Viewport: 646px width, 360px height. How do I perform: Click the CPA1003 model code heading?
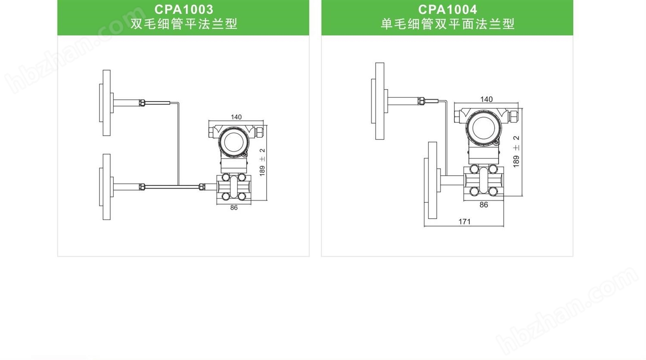click(x=183, y=9)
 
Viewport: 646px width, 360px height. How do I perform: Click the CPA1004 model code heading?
click(x=447, y=9)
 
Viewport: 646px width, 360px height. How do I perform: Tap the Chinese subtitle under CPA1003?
click(x=183, y=24)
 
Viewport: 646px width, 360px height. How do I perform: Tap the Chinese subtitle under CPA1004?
click(x=447, y=24)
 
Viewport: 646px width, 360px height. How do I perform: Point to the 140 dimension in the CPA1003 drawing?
click(x=236, y=117)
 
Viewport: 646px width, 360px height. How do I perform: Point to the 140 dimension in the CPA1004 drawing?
click(x=486, y=99)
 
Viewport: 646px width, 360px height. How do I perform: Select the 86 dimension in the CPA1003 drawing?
click(x=234, y=208)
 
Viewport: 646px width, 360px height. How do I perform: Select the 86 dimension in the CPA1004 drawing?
click(x=484, y=205)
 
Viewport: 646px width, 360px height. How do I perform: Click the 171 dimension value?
click(x=464, y=222)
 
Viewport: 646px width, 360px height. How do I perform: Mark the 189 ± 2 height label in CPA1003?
click(x=262, y=162)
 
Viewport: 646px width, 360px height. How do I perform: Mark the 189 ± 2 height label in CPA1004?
click(x=516, y=151)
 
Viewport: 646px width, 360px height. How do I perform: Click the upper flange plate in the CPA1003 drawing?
click(x=106, y=102)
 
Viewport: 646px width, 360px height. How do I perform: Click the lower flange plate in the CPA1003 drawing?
click(x=106, y=187)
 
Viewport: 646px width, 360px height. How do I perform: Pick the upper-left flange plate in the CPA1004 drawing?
click(x=379, y=101)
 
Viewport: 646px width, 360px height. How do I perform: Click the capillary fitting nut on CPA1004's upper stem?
click(x=422, y=102)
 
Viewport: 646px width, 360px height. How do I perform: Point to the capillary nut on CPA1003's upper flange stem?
click(x=142, y=103)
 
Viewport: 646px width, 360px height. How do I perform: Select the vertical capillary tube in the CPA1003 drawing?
click(x=178, y=144)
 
